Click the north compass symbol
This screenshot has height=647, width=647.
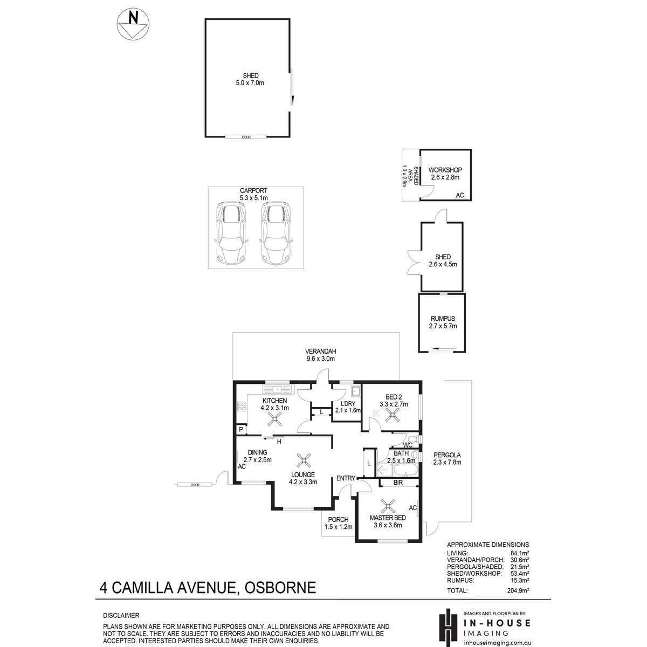133,24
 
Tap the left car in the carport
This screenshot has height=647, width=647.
231,233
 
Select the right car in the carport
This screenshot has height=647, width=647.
276,233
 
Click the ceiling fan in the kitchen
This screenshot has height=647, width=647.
274,419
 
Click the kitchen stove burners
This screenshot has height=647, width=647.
242,407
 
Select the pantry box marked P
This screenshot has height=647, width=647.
241,429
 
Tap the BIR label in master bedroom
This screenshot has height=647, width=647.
398,483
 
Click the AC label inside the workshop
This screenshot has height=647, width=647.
460,195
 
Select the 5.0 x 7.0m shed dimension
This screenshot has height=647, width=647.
250,83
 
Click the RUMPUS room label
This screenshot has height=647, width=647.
443,318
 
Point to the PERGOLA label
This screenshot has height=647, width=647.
447,455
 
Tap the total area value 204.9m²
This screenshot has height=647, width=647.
518,590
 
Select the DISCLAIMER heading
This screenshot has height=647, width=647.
121,615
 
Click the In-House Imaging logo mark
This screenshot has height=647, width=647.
449,628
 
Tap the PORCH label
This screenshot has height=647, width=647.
338,519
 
